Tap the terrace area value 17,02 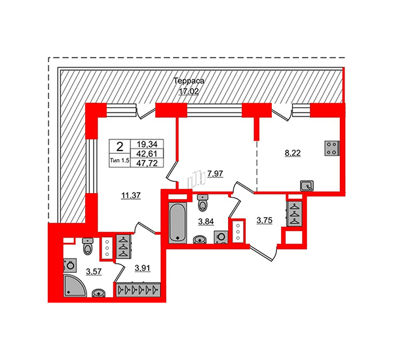[x=189, y=92]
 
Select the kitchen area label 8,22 [x=293, y=153]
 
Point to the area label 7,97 [x=215, y=173]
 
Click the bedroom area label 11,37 [x=131, y=196]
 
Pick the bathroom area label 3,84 [x=206, y=221]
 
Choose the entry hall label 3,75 [x=265, y=221]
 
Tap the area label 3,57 [x=94, y=271]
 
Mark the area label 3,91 [x=142, y=268]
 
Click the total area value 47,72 [x=147, y=164]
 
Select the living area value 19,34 [x=147, y=144]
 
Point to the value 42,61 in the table [x=147, y=153]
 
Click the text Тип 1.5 [x=120, y=161]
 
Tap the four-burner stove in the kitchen [x=332, y=149]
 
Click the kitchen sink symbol [x=307, y=186]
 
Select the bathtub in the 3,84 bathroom [x=178, y=223]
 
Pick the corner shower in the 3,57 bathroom [x=75, y=286]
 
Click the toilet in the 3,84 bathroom [x=202, y=202]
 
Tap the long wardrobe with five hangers [x=138, y=290]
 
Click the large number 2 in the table [x=120, y=147]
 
